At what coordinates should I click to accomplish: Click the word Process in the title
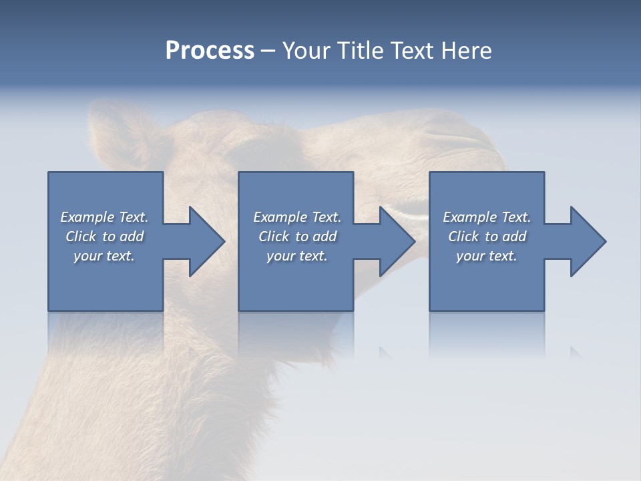pos(210,51)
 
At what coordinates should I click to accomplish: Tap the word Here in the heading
pos(466,51)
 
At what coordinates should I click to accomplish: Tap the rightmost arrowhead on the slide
pos(590,241)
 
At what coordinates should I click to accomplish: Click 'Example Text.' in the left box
pos(104,217)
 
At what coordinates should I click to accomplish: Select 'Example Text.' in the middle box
pos(296,217)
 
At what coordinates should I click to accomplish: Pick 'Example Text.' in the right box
pos(487,217)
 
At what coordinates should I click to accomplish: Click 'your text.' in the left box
pos(104,256)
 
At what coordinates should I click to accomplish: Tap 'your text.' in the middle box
pos(296,256)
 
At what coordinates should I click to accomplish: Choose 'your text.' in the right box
pos(487,256)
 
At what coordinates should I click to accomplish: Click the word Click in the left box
pos(81,236)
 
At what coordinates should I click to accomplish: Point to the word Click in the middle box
pos(274,236)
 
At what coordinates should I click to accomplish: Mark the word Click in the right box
pos(463,236)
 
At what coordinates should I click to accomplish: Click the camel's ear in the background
pos(117,134)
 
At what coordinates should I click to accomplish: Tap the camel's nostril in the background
pos(454,137)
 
